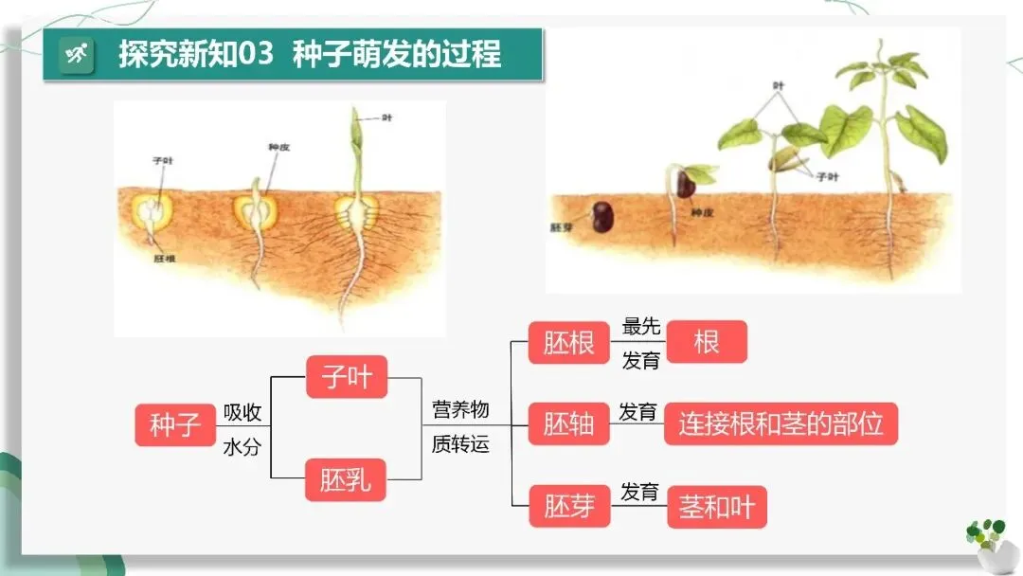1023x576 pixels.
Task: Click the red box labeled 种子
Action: pyautogui.click(x=175, y=424)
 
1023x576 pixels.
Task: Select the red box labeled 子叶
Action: pyautogui.click(x=347, y=377)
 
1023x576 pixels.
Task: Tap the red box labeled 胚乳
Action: pyautogui.click(x=347, y=480)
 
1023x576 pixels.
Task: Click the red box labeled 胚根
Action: pyautogui.click(x=568, y=342)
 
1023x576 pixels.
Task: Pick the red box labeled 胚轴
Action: pyautogui.click(x=568, y=424)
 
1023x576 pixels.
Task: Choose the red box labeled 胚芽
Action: pyautogui.click(x=568, y=507)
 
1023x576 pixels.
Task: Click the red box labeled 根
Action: pyautogui.click(x=707, y=342)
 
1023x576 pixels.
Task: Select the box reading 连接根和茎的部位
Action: pyautogui.click(x=781, y=424)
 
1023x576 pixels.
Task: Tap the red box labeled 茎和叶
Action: pyautogui.click(x=717, y=507)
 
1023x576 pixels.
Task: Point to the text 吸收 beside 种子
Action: pyautogui.click(x=242, y=412)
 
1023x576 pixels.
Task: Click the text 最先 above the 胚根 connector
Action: pyautogui.click(x=640, y=327)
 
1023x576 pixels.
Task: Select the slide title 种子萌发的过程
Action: pyautogui.click(x=397, y=54)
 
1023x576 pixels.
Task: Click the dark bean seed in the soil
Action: pyautogui.click(x=602, y=218)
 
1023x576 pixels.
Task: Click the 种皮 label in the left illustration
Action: pyautogui.click(x=279, y=147)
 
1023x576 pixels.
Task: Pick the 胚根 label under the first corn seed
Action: pyautogui.click(x=164, y=257)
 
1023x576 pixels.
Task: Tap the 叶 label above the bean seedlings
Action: pyautogui.click(x=779, y=85)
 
